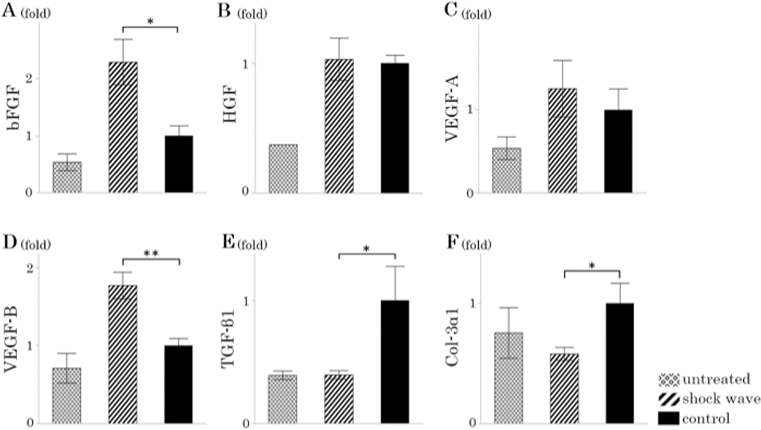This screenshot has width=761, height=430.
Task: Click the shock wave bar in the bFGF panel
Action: pyautogui.click(x=123, y=127)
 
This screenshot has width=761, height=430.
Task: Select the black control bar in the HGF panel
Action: pyautogui.click(x=395, y=128)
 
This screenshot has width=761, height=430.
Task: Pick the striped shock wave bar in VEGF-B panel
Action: pyautogui.click(x=123, y=354)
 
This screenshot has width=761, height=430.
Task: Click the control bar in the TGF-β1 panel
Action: pyautogui.click(x=395, y=362)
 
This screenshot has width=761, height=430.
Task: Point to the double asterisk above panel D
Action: pyautogui.click(x=151, y=254)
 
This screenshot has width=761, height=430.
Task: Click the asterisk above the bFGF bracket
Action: pyautogui.click(x=150, y=22)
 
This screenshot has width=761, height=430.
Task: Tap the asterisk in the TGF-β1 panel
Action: pyautogui.click(x=366, y=249)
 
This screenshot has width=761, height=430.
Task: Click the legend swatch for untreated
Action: pyautogui.click(x=668, y=380)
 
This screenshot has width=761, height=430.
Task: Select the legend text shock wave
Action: pyautogui.click(x=721, y=399)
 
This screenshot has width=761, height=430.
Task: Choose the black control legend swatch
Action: pyautogui.click(x=668, y=418)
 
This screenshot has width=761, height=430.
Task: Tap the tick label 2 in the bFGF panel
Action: pyautogui.click(x=29, y=79)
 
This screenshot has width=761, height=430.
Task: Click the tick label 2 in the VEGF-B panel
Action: pyautogui.click(x=30, y=268)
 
